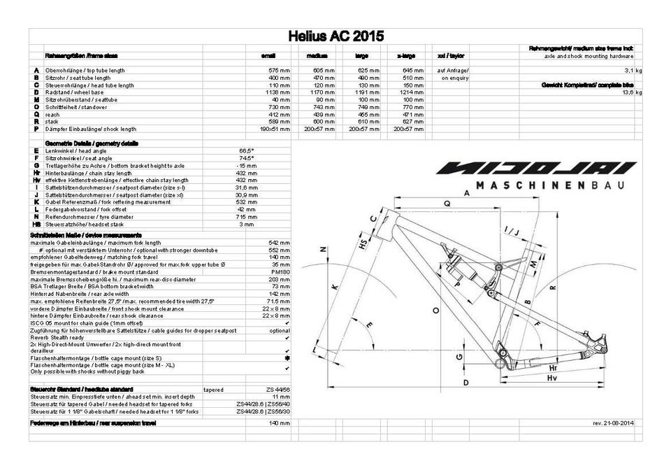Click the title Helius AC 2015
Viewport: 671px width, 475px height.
tap(335, 36)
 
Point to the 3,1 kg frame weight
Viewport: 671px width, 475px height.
tap(633, 71)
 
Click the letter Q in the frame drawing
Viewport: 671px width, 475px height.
tap(447, 204)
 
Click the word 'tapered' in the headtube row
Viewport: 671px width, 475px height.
tap(213, 389)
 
